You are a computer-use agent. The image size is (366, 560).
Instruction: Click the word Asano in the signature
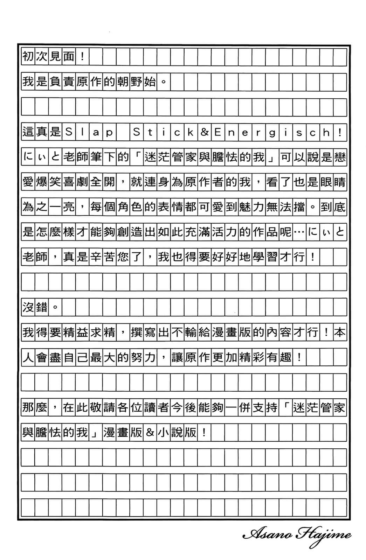coord(267,534)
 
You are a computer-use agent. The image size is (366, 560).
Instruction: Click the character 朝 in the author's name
coord(123,82)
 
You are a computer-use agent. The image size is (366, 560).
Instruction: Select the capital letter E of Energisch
coord(218,132)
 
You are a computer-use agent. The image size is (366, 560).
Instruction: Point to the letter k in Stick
coord(191,132)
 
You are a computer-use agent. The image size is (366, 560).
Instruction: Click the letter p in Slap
coord(109,132)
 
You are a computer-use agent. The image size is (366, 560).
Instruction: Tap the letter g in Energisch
coord(272,132)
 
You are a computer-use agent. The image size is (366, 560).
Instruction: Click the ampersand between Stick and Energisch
coord(204,132)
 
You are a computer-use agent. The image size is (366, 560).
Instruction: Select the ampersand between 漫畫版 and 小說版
coord(150,433)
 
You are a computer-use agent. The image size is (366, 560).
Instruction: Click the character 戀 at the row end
coord(340,157)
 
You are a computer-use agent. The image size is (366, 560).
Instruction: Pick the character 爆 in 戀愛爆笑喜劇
coord(41,182)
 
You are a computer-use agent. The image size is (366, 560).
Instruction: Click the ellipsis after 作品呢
coord(299,232)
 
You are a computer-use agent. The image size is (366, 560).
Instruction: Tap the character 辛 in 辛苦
coord(96,257)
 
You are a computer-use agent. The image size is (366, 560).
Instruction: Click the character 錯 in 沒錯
coord(41,307)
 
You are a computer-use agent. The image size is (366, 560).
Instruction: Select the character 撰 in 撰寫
coord(136,332)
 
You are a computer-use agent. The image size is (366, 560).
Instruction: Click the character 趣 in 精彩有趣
coord(285,357)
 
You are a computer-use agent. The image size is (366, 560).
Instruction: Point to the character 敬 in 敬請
coord(96,407)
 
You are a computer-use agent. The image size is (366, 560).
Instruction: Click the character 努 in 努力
coord(136,357)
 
